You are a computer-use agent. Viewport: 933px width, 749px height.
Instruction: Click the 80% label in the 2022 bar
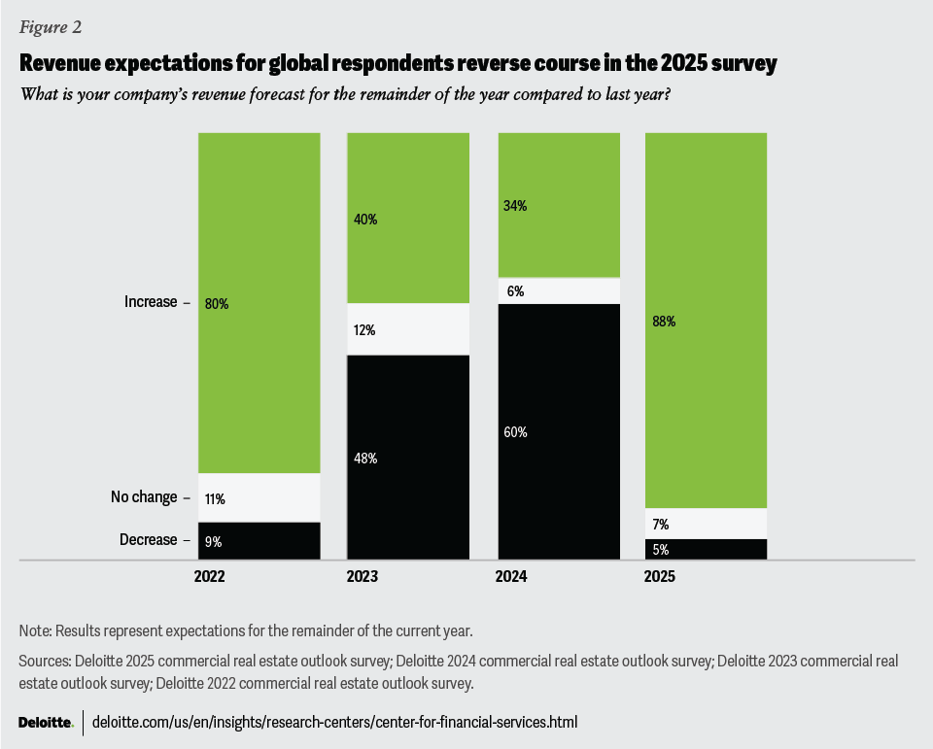pyautogui.click(x=217, y=303)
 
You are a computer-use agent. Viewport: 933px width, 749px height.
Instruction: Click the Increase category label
pyautogui.click(x=151, y=302)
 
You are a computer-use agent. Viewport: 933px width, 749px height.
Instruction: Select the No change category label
pyautogui.click(x=144, y=497)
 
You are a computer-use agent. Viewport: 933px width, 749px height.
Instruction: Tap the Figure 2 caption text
pyautogui.click(x=51, y=27)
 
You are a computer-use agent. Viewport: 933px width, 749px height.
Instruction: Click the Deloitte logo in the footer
pyautogui.click(x=45, y=723)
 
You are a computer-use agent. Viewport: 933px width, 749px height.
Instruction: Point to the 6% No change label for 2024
pyautogui.click(x=515, y=290)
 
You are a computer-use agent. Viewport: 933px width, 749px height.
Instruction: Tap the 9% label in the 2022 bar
pyautogui.click(x=213, y=541)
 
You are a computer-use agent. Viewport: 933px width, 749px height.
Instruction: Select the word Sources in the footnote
pyautogui.click(x=45, y=661)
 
